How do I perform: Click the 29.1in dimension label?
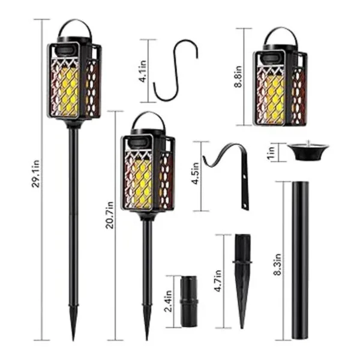coord(36,173)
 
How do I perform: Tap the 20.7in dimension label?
coord(110,215)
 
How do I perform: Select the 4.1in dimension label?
coord(143,71)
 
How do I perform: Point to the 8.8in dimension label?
coord(238,76)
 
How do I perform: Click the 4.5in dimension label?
coord(196,173)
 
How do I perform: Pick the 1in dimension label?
coord(271,152)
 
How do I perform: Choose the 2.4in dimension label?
coord(168,301)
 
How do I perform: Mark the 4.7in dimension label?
coord(218,281)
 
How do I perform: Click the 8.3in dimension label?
coord(278,264)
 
